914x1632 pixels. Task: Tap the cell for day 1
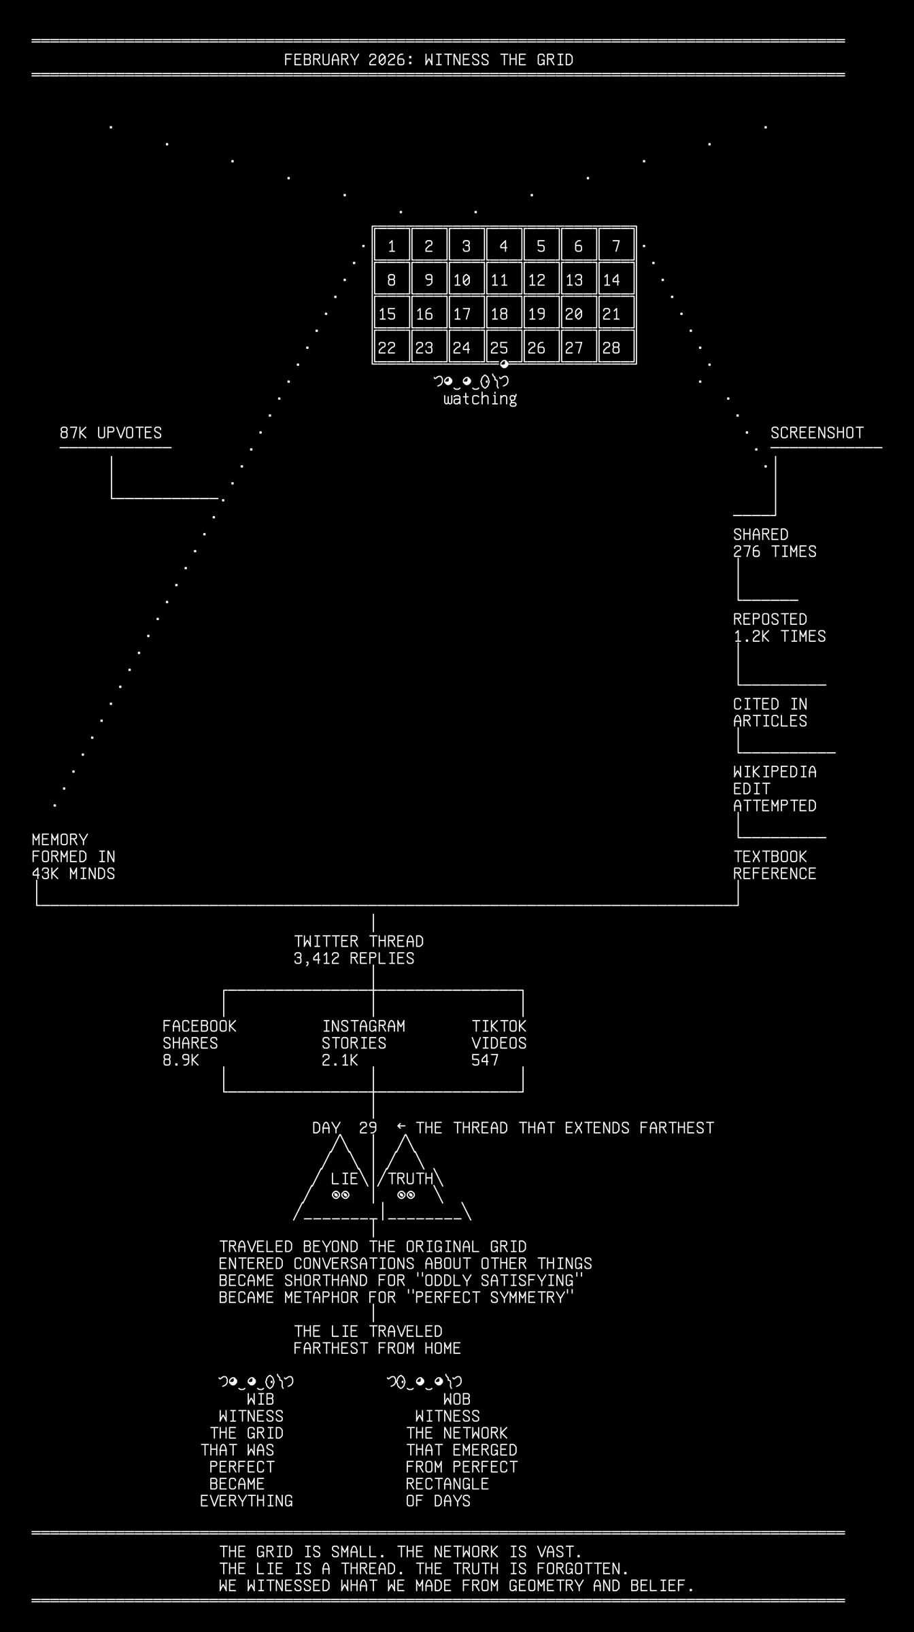point(392,245)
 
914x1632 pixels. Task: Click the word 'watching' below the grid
point(480,398)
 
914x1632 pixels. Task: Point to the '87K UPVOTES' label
point(111,433)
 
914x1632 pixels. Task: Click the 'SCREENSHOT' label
point(817,433)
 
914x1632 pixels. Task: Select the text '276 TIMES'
point(775,551)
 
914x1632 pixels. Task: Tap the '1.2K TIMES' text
point(779,636)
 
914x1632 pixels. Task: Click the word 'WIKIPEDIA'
point(775,772)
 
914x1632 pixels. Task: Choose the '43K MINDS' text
point(73,874)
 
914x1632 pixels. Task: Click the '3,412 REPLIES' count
point(354,959)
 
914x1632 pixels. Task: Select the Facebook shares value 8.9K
point(181,1060)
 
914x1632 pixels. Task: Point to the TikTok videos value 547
point(485,1060)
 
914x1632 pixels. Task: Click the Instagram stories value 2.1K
point(340,1060)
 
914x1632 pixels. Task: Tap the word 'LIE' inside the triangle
point(344,1178)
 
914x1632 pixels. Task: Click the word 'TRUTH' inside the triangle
point(410,1178)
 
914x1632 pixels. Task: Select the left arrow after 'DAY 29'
point(401,1126)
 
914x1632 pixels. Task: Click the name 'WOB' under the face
point(457,1399)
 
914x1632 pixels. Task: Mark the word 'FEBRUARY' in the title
point(321,60)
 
